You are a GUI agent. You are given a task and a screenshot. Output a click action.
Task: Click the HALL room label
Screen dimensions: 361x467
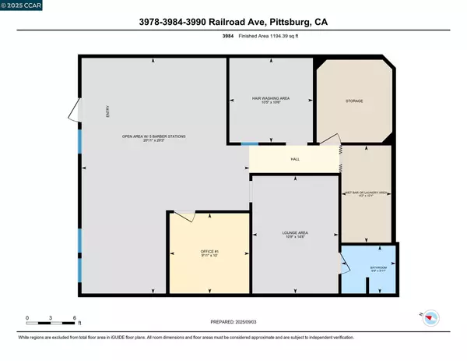pos(295,159)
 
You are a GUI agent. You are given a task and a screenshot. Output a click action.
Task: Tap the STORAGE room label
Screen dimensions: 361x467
pos(354,101)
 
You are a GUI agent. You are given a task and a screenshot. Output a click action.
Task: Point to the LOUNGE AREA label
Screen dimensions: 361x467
pos(295,234)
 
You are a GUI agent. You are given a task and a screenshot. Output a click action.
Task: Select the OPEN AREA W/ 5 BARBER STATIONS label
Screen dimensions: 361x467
pos(154,138)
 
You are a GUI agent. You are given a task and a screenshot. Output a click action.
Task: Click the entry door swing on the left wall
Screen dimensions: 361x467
pos(73,111)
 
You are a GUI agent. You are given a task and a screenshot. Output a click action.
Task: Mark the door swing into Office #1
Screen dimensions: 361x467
pos(184,214)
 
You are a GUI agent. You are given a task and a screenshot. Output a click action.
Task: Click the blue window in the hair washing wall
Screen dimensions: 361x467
pos(249,144)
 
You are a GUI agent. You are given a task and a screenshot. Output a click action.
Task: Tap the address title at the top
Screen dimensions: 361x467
pos(233,23)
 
